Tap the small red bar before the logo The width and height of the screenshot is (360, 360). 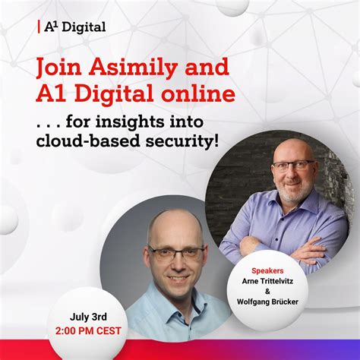point(39,27)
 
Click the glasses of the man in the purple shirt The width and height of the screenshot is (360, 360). point(292,165)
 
